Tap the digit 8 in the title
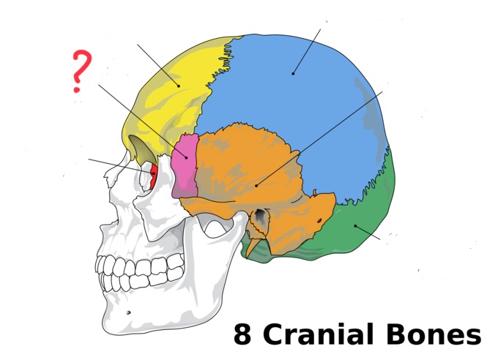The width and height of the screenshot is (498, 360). pyautogui.click(x=242, y=334)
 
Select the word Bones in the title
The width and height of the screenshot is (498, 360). pyautogui.click(x=433, y=334)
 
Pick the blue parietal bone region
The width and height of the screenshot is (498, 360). pyautogui.click(x=293, y=80)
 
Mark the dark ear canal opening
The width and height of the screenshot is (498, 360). pyautogui.click(x=259, y=217)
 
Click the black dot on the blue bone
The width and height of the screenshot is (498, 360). pyautogui.click(x=293, y=72)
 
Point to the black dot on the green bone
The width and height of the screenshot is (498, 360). pyautogui.click(x=355, y=225)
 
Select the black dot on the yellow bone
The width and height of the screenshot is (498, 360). pyautogui.click(x=178, y=85)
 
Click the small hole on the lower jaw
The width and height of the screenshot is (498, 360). pyautogui.click(x=129, y=312)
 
